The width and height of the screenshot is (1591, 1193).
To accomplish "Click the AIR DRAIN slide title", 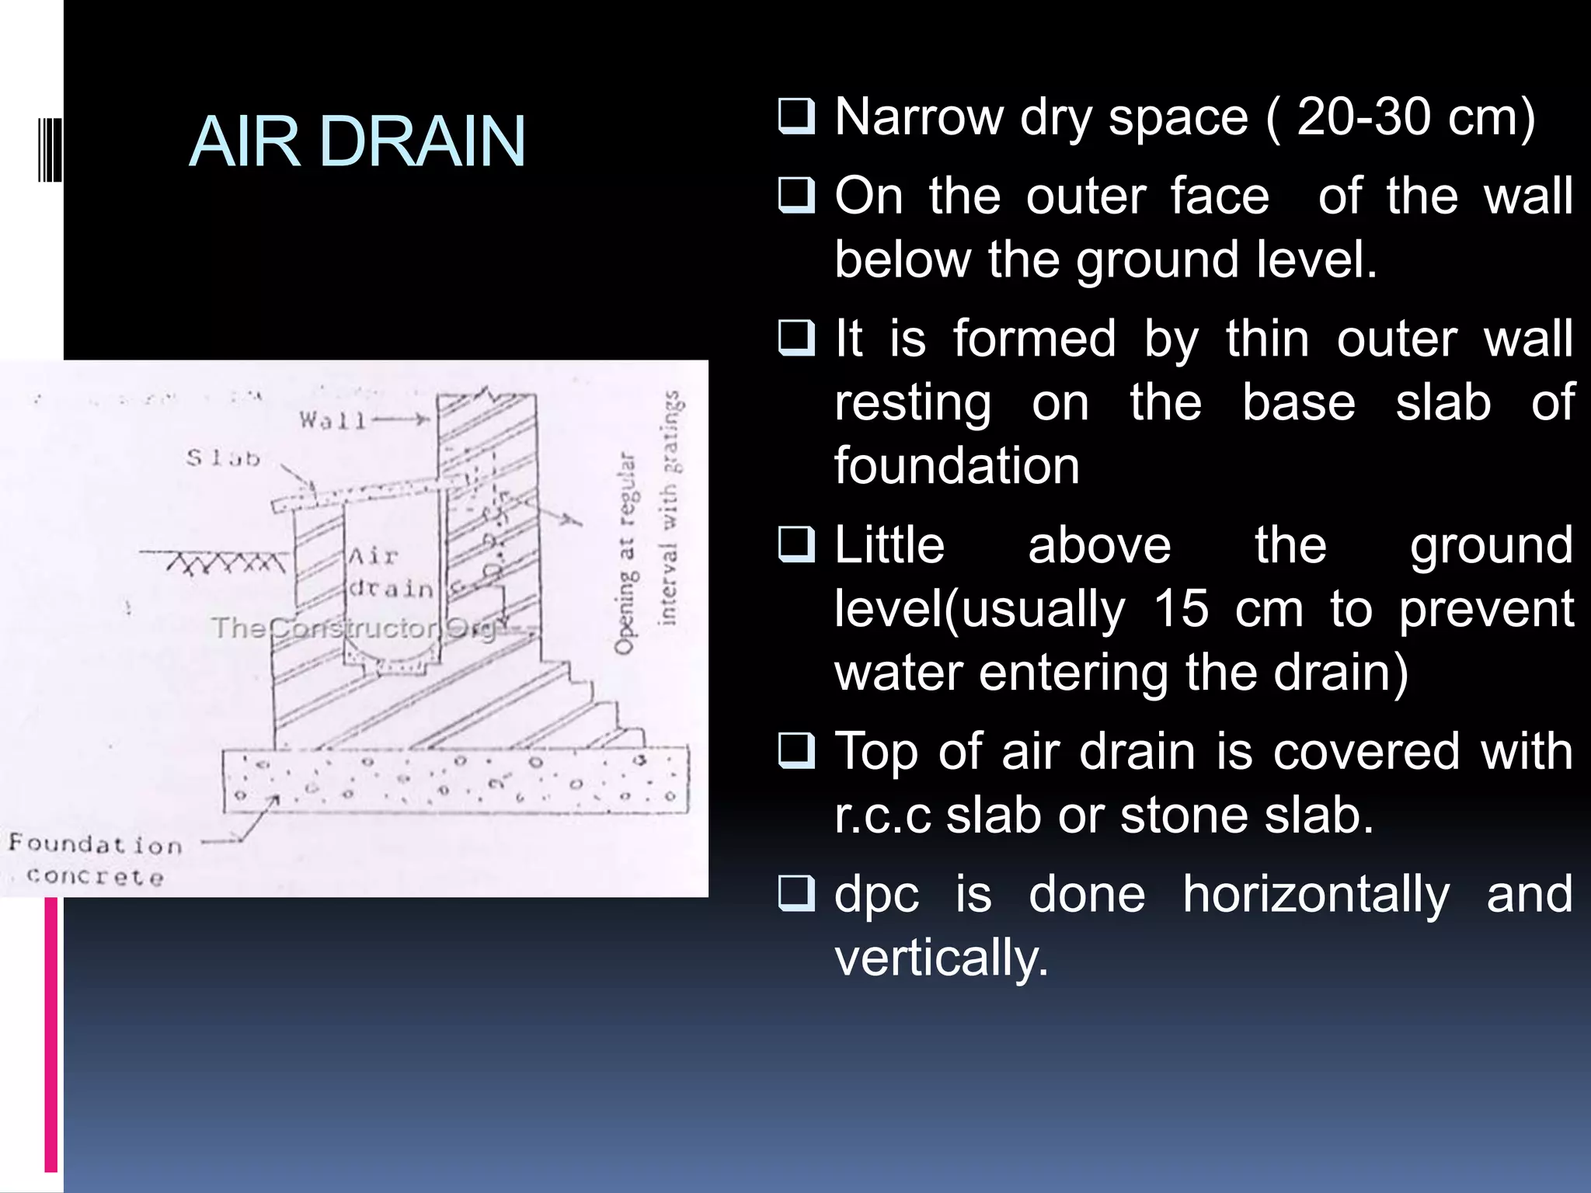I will point(357,141).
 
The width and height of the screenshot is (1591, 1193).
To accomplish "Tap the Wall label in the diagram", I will point(332,421).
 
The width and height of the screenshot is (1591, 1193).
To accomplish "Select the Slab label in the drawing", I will point(222,458).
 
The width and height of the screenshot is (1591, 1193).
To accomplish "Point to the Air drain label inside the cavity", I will point(388,573).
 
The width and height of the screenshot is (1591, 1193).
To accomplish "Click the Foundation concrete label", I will point(95,860).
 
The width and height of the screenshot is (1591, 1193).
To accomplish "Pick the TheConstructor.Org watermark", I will point(354,628).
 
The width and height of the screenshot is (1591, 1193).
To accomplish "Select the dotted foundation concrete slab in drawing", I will point(456,780).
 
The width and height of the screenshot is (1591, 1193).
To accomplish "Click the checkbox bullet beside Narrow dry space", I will point(796,117).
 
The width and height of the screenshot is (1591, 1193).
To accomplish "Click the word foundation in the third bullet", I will point(956,466).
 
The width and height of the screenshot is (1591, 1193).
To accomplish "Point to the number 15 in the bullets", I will point(1181,608).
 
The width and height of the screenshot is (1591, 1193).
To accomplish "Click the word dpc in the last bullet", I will point(876,895).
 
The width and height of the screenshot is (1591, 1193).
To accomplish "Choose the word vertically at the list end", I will point(941,958).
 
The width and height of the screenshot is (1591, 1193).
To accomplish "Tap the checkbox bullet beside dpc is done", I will point(796,893).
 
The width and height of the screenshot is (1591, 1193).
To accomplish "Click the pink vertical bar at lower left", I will point(51,1033).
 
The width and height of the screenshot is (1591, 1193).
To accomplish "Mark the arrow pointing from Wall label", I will point(401,420).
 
